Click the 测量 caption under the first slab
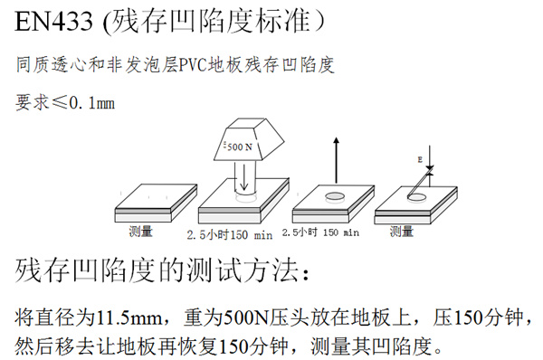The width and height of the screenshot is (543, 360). point(142,230)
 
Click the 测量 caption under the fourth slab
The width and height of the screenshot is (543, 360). point(402,230)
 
